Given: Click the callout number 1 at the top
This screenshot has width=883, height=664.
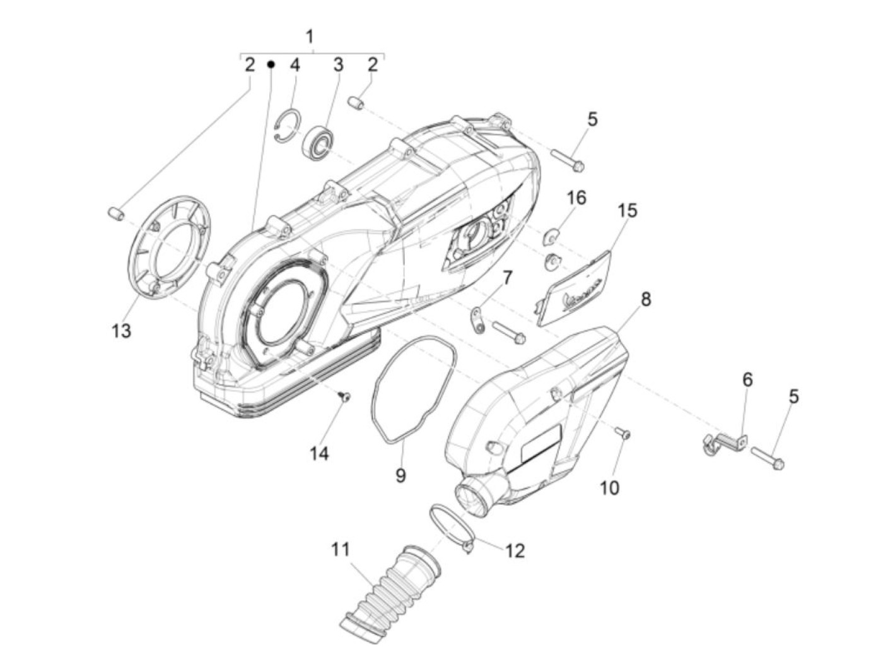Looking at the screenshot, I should (309, 37).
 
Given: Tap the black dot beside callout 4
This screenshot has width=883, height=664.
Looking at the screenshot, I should (271, 64).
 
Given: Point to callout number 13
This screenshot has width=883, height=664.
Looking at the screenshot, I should (121, 330).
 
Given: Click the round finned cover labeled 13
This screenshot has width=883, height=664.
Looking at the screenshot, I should (169, 246).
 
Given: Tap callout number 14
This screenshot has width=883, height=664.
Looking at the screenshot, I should (319, 453).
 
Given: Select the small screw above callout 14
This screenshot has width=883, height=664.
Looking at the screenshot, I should (344, 396).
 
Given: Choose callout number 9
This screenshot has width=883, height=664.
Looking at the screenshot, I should (401, 475).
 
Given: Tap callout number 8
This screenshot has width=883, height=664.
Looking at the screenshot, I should (646, 299).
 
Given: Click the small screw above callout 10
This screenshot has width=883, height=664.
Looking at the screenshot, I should (623, 433).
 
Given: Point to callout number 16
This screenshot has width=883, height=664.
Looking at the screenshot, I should (576, 198).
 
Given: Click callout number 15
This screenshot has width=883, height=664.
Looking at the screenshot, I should (627, 210).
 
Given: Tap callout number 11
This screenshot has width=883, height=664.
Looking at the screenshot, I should (341, 549).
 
